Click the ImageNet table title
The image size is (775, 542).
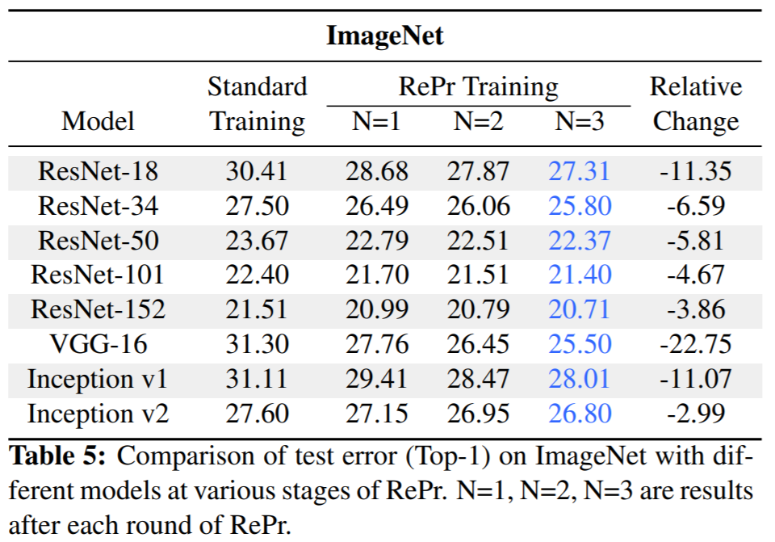(x=385, y=36)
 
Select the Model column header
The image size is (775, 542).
(x=98, y=121)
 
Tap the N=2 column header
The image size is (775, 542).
(x=478, y=121)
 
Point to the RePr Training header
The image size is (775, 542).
(x=479, y=86)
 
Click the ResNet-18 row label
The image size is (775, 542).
(x=98, y=171)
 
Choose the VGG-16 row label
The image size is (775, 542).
(x=98, y=344)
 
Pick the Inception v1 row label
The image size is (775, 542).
(x=98, y=379)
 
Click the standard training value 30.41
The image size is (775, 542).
(x=257, y=171)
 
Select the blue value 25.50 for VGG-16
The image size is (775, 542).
(x=580, y=344)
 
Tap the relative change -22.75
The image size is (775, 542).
(x=695, y=344)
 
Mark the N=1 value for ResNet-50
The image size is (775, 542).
(x=377, y=241)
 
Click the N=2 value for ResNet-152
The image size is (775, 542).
(x=478, y=309)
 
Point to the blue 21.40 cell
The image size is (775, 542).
(x=580, y=275)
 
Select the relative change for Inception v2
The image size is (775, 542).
(x=695, y=414)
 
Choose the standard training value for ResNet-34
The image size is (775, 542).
(x=257, y=206)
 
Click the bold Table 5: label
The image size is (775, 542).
(x=57, y=456)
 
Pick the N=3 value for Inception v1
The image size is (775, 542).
(x=579, y=379)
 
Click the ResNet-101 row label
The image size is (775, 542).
(x=98, y=275)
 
